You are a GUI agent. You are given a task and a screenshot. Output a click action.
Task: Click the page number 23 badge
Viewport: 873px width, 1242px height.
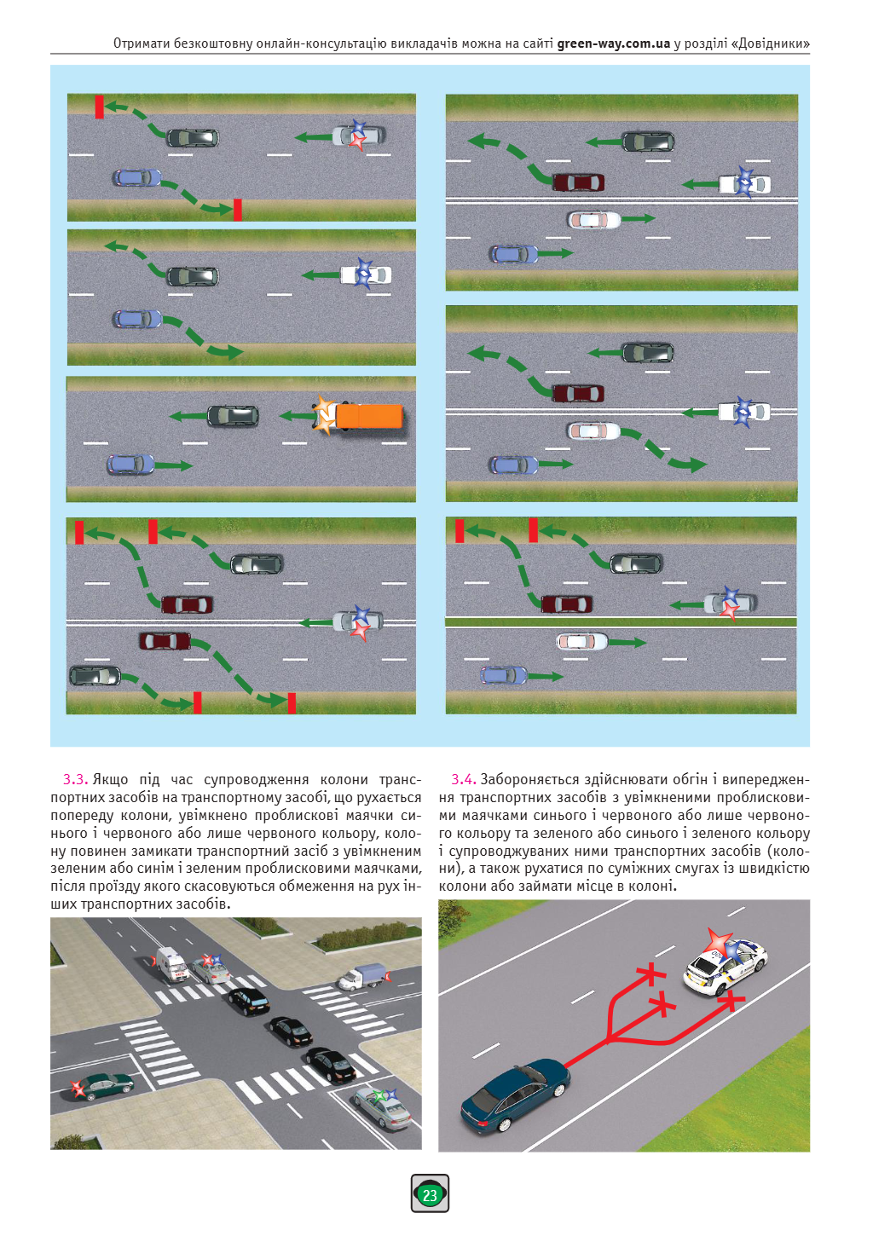(430, 1194)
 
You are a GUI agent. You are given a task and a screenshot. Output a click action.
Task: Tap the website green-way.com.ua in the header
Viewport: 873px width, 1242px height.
(613, 43)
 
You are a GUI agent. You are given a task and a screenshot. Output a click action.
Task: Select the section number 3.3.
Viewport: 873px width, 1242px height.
(75, 779)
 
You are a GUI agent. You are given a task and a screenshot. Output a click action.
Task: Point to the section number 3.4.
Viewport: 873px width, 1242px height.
(463, 779)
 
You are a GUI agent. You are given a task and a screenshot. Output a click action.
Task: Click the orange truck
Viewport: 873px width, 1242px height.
(367, 416)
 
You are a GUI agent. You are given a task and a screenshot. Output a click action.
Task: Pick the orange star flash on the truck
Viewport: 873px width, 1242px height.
(324, 415)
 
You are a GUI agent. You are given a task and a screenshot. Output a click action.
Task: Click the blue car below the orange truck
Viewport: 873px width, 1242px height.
(130, 465)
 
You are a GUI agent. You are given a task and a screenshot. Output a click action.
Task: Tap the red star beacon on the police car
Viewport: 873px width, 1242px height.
(719, 942)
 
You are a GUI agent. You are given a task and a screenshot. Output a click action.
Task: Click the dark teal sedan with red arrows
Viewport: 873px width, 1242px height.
(514, 1097)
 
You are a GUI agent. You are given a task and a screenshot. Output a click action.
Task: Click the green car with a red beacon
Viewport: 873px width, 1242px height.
(105, 1085)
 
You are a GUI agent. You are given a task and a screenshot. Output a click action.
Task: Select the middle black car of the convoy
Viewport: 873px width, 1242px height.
(290, 1031)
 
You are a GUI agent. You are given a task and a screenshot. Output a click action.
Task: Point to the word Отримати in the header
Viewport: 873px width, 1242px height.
(142, 43)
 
